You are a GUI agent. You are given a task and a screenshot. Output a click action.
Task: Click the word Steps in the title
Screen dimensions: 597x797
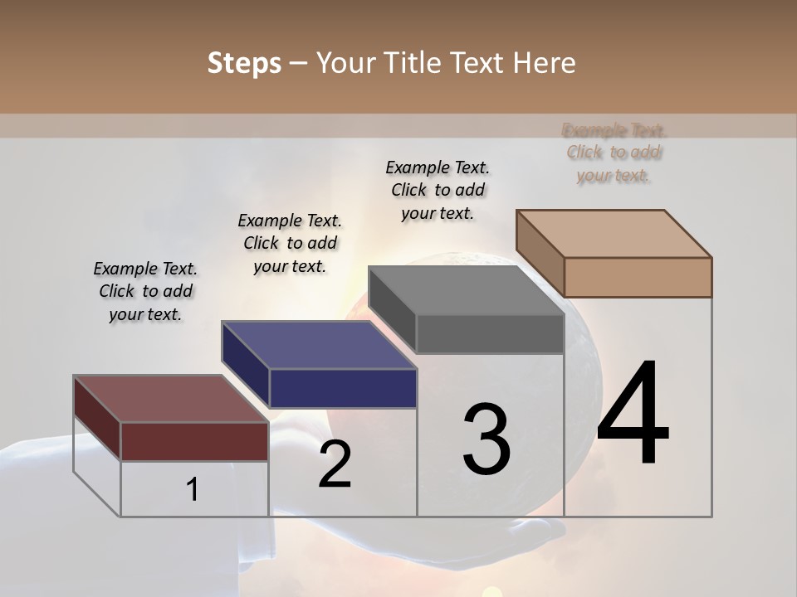click(x=244, y=63)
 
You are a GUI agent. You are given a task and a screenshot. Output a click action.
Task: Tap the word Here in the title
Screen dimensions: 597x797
click(x=545, y=63)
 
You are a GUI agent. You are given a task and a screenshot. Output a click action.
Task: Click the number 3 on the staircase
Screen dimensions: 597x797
click(x=487, y=439)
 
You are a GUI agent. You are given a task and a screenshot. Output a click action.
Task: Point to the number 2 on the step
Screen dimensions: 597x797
click(x=335, y=464)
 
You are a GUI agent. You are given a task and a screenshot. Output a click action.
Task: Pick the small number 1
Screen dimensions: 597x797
click(x=193, y=489)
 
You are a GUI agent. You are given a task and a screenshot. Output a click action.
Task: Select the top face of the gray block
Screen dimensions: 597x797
click(x=466, y=290)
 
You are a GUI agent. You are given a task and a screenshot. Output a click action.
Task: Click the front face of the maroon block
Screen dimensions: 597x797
click(x=194, y=441)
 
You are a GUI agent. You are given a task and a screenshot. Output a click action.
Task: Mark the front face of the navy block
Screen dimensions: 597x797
click(x=343, y=388)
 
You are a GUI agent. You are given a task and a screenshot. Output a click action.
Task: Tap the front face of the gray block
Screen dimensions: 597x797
click(x=490, y=334)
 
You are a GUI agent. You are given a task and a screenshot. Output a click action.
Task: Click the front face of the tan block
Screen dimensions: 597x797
click(x=638, y=277)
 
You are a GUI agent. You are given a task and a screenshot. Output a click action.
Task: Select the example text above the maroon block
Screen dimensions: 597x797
click(x=145, y=291)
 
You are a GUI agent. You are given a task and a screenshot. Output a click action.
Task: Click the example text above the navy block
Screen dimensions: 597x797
click(x=290, y=243)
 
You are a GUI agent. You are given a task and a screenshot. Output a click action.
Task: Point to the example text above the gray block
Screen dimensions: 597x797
click(x=438, y=190)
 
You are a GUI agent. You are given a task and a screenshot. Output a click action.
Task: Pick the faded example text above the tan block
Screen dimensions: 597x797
click(x=614, y=153)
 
